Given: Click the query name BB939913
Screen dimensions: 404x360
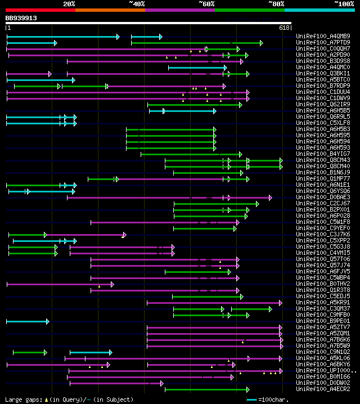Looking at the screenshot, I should tap(21, 18).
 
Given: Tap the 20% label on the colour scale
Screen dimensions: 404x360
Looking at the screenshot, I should tap(69, 4).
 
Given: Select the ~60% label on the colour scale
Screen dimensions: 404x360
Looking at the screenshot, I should tap(206, 4).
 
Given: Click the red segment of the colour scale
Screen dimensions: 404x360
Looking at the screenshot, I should tap(40, 10).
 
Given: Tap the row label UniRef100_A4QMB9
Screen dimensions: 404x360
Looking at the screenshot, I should tap(323, 37).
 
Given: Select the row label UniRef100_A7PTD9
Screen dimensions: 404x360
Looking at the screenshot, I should tap(323, 43).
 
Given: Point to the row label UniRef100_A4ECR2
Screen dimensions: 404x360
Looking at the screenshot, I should tap(323, 389).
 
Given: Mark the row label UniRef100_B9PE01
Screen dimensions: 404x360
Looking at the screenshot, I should tap(323, 321).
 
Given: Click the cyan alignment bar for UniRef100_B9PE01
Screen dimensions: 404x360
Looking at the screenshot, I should tap(27, 321).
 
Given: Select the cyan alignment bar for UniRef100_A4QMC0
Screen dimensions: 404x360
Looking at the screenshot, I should tap(197, 68).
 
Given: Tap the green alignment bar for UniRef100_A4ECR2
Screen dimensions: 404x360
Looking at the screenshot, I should tap(206, 389).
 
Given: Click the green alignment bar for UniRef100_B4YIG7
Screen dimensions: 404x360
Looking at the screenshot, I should tap(191, 154).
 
